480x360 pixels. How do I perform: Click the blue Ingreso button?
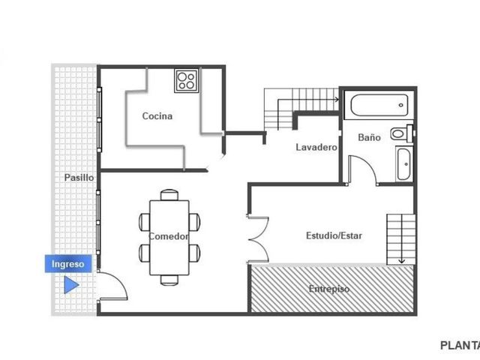click(x=68, y=263)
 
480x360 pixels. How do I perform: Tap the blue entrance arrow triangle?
click(x=71, y=285)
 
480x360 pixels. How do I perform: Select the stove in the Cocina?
click(x=187, y=80)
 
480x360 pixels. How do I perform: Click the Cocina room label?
click(x=157, y=116)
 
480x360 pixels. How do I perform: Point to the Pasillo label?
click(x=79, y=178)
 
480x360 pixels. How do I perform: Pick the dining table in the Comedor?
click(x=169, y=238)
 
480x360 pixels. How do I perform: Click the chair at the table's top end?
click(x=169, y=195)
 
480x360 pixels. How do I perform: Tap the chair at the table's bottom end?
click(x=169, y=280)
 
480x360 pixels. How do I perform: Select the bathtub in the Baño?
click(x=379, y=105)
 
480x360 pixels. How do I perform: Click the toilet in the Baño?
click(x=402, y=133)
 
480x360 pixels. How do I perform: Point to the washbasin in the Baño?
click(x=403, y=164)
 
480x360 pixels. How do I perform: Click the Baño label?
click(x=369, y=137)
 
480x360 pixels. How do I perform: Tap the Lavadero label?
click(x=316, y=147)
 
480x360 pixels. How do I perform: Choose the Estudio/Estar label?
click(x=334, y=235)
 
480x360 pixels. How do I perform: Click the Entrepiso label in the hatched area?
click(x=329, y=289)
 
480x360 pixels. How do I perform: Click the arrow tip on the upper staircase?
click(x=338, y=100)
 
